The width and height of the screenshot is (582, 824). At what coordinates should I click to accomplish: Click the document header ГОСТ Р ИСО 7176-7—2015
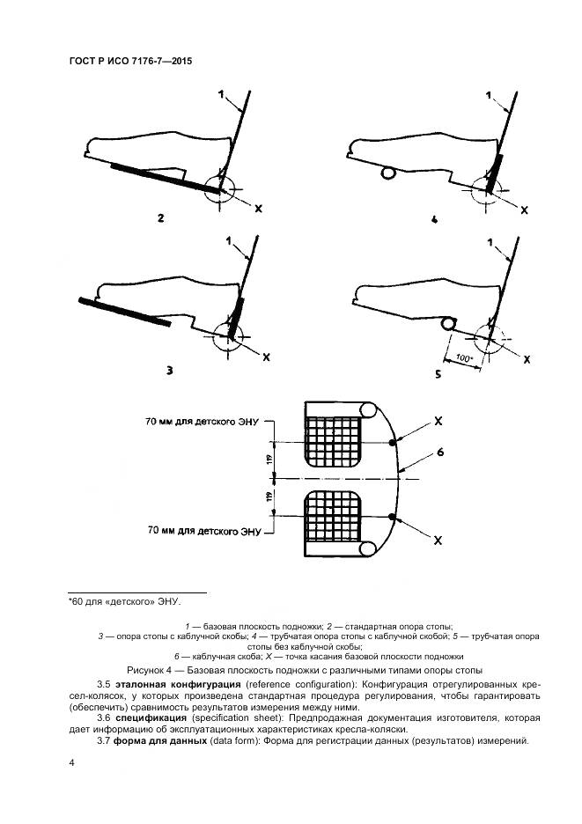click(x=130, y=62)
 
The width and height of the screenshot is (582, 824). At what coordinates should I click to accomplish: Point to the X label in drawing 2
click(x=258, y=209)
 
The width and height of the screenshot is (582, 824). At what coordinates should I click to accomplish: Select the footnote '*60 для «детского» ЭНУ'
click(x=123, y=602)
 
